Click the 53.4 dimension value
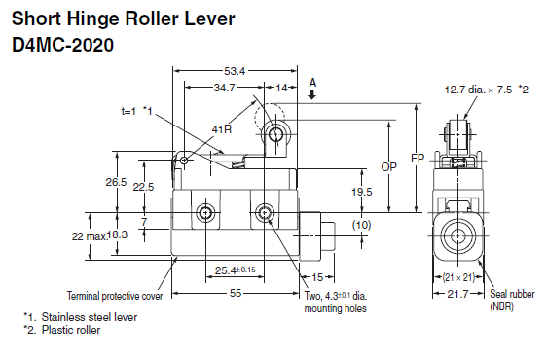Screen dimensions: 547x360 235,71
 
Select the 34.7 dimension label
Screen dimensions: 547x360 224,88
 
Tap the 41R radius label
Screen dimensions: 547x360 222,129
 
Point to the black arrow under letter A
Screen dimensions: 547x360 312,94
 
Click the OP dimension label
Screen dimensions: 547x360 389,167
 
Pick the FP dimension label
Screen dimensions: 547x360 418,159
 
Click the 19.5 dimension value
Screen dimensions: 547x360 362,192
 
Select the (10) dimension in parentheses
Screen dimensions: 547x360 362,225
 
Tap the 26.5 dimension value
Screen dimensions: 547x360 116,182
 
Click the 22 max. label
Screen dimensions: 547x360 90,236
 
